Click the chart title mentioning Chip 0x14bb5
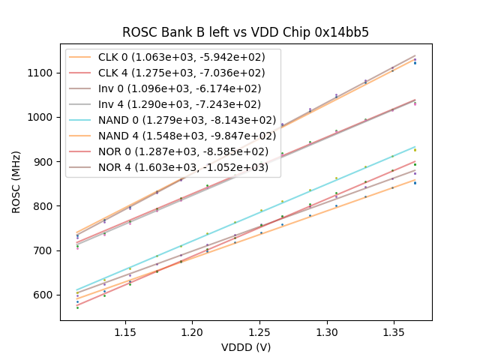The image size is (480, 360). click(x=246, y=32)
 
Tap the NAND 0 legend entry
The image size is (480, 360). click(x=172, y=120)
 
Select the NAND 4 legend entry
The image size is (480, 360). click(x=172, y=136)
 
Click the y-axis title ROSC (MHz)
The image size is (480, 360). click(x=16, y=181)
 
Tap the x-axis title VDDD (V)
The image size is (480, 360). click(x=246, y=347)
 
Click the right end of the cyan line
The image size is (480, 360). click(x=415, y=146)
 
